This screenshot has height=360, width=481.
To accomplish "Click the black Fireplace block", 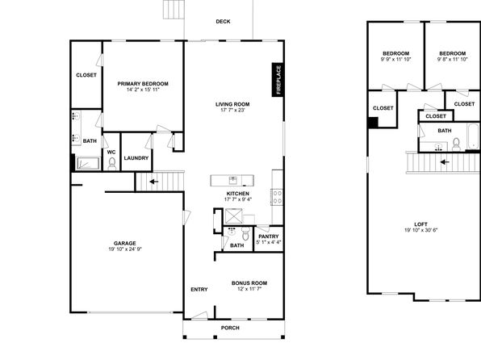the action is [x=278, y=80].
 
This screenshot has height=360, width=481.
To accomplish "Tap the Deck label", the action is [x=223, y=22].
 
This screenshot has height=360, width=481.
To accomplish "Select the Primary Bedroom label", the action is [x=143, y=84].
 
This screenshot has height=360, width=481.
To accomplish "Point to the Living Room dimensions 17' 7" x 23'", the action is [x=232, y=110].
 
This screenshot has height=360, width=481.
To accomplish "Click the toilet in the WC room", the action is [x=112, y=164].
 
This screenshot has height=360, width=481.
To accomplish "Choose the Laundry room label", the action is [x=136, y=158].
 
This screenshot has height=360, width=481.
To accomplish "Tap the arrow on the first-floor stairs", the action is [x=153, y=182].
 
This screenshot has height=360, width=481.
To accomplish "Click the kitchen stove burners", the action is [x=278, y=197].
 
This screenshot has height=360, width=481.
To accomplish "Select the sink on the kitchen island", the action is [x=232, y=180].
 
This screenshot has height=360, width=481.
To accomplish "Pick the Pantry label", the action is [x=269, y=237].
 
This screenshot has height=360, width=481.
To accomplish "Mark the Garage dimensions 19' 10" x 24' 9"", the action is [x=125, y=249].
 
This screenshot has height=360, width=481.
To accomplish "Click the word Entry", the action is [x=199, y=290].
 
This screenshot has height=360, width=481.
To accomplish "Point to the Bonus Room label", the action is [x=249, y=283].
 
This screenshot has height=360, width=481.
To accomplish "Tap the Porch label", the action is [x=230, y=328].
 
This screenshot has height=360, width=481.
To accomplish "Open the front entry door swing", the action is [x=200, y=315].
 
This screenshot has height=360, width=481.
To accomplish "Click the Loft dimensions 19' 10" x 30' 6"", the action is [x=421, y=230].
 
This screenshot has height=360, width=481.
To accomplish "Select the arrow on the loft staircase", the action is [x=445, y=161].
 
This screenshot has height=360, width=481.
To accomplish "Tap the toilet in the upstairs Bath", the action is [x=456, y=144].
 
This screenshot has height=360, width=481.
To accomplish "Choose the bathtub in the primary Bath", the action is [x=88, y=163].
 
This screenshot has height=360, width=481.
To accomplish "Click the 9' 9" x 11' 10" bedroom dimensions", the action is [x=395, y=59].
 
